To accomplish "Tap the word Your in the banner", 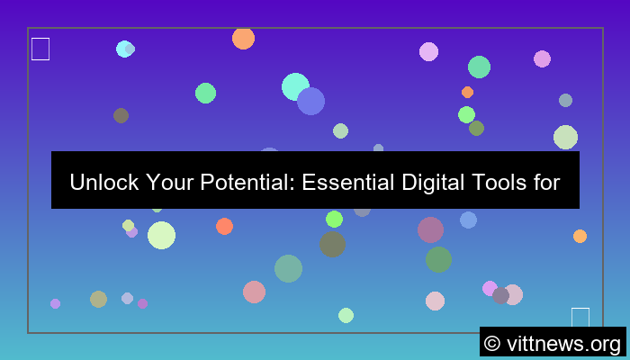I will click(x=167, y=183).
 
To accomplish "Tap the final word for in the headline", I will click(x=545, y=183).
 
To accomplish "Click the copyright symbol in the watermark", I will click(x=491, y=343).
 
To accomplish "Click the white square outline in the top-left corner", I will click(x=40, y=49).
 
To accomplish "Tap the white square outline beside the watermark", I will click(x=580, y=317).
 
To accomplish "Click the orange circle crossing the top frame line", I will click(x=243, y=38).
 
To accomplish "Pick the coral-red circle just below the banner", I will click(x=224, y=226).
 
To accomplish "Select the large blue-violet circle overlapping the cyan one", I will click(x=311, y=101).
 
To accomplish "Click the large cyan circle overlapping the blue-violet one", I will click(x=293, y=86).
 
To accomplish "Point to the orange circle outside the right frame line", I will click(x=580, y=236).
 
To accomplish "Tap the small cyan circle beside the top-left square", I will click(x=124, y=49).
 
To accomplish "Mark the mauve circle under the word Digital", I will click(x=430, y=229).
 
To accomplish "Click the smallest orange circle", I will click(x=467, y=92).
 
